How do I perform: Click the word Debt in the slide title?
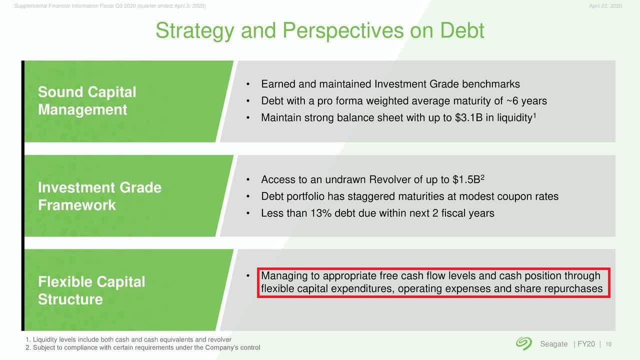[462, 30]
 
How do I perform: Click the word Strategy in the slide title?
[194, 31]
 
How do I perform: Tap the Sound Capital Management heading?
[87, 100]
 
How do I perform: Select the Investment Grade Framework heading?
[99, 196]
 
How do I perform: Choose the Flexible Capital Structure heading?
[91, 290]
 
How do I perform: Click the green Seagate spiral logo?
[524, 343]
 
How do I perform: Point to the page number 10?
[608, 344]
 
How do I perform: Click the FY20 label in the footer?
[586, 344]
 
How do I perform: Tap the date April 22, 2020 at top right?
[605, 6]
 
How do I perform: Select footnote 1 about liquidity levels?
[128, 339]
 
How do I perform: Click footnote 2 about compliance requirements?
[143, 347]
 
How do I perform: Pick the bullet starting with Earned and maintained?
[390, 84]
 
